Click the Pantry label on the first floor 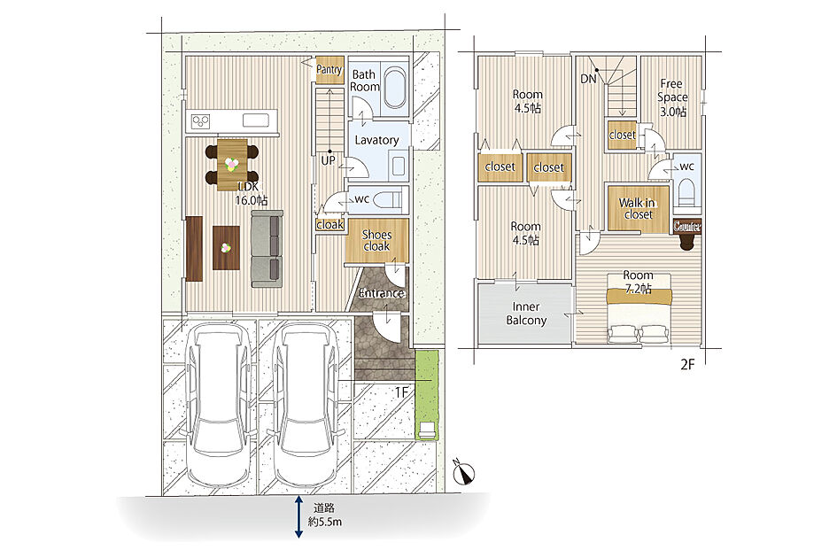[329, 69]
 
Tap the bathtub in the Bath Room [396, 88]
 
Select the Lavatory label [376, 140]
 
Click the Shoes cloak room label [376, 240]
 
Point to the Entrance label [381, 293]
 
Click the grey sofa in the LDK [267, 249]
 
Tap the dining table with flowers [232, 165]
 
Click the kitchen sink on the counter [256, 120]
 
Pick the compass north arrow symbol [463, 471]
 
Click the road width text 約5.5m [324, 523]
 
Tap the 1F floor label [401, 392]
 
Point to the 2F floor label [687, 365]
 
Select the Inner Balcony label [526, 314]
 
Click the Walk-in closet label [638, 208]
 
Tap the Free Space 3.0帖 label [672, 97]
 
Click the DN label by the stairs [588, 79]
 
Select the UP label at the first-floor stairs [328, 159]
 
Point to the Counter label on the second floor [687, 227]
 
